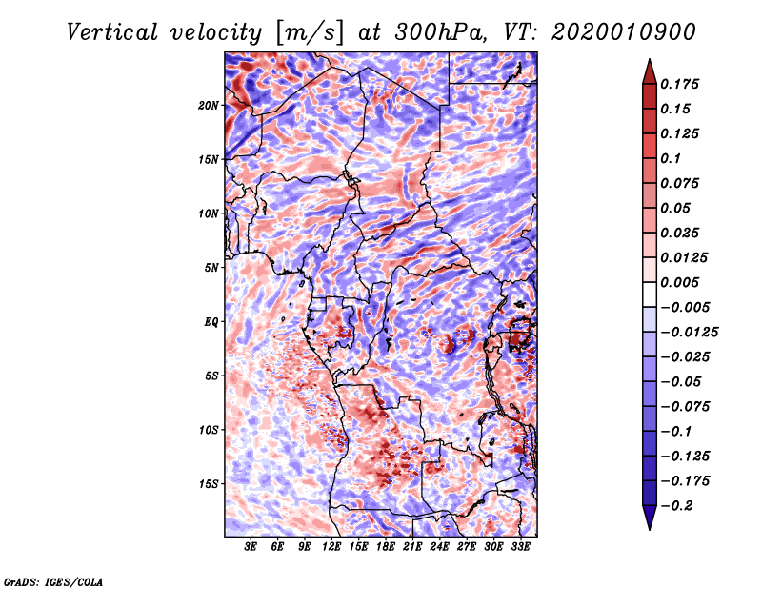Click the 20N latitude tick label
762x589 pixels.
click(209, 105)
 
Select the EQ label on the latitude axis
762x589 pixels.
click(211, 321)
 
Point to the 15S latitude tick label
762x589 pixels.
click(209, 483)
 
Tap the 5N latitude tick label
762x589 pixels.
click(211, 267)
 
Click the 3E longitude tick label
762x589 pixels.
click(251, 547)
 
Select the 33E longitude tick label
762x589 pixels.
click(520, 547)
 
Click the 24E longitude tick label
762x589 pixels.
click(440, 547)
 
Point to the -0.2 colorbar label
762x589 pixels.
click(680, 505)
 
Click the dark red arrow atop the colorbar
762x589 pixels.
click(648, 70)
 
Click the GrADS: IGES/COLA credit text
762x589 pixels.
click(53, 580)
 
